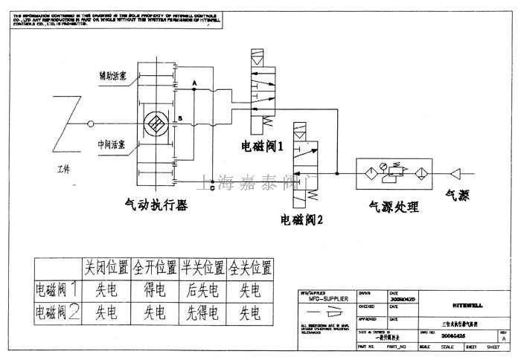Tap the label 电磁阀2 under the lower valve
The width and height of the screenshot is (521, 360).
pos(302,219)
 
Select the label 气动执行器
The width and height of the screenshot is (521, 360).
pos(157,203)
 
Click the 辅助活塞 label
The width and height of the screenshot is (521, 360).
pos(114,75)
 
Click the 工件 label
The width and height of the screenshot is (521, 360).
pos(63,170)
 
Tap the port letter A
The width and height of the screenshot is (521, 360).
pos(194,81)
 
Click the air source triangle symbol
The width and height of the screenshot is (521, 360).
pos(456,173)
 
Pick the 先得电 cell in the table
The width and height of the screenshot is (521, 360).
pos(203,312)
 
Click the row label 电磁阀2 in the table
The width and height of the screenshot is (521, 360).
pos(57,312)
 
